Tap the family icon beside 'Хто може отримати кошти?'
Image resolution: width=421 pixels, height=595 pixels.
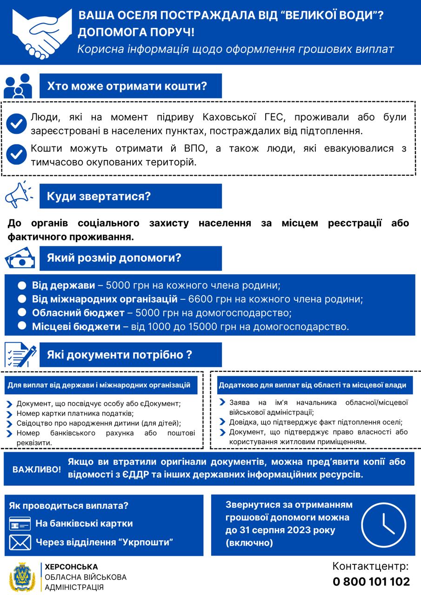(x=18, y=86)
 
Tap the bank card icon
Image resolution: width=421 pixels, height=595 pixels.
(x=20, y=523)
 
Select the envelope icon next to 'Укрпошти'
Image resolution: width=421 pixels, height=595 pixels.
(x=20, y=542)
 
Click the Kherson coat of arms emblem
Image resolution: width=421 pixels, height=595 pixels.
(x=22, y=577)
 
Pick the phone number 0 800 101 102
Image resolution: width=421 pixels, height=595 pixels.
(x=371, y=582)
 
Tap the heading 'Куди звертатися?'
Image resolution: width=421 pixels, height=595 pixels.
(x=99, y=196)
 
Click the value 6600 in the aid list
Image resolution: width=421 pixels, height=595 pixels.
(x=199, y=298)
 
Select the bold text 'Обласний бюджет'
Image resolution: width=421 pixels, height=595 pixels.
(x=78, y=312)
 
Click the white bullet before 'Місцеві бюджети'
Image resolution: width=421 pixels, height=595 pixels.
(x=22, y=326)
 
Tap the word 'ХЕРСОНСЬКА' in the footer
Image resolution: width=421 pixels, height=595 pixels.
(x=71, y=567)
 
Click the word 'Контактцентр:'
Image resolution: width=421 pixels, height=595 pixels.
(x=371, y=566)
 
